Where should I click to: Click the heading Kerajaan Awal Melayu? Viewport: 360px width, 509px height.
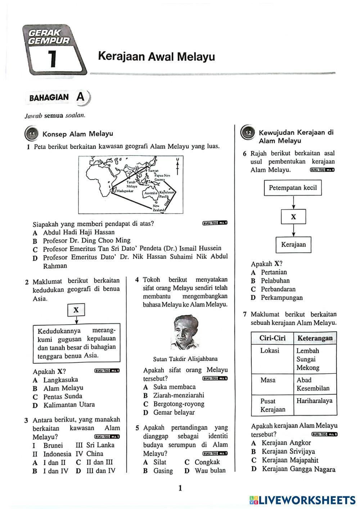coord(156,57)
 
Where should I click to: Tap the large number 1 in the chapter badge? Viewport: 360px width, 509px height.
coord(53,59)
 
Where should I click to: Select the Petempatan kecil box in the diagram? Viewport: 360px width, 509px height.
coord(293,187)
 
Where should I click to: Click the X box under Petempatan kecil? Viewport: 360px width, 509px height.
coord(293,217)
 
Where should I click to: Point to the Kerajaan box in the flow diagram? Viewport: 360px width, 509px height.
coord(293,245)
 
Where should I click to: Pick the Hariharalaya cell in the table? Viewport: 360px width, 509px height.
coord(314,401)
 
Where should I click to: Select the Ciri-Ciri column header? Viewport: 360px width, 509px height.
coord(272,338)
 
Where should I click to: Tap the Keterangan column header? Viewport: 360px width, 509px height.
coord(315,338)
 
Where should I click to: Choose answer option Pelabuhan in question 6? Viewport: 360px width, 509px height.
coord(275,281)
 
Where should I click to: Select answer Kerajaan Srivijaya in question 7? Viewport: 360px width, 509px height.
coord(288,451)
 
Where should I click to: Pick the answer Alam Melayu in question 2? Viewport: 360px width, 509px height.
coord(63,388)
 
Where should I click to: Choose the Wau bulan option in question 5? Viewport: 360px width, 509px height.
coord(210,471)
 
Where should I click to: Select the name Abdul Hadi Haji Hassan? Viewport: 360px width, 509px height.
coord(79,232)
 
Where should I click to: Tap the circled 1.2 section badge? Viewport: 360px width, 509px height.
coord(248,133)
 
